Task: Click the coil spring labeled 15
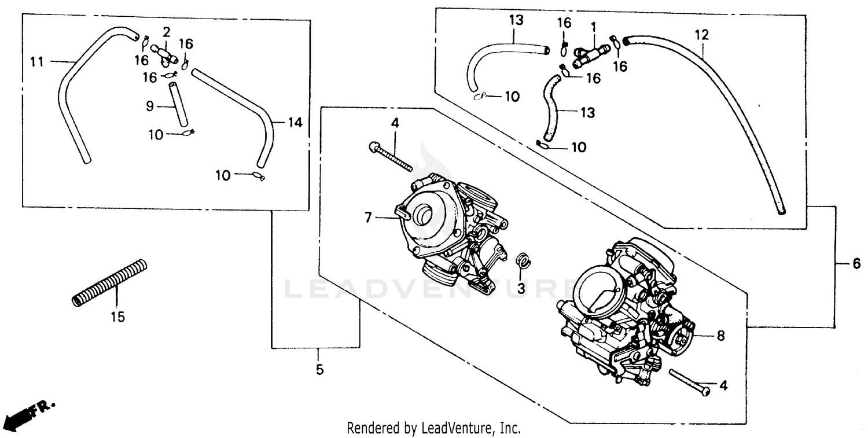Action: (109, 283)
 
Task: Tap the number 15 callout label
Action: (117, 317)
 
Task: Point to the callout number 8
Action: (720, 336)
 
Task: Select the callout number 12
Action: (701, 35)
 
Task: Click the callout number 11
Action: (37, 61)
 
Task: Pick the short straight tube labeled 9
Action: (179, 104)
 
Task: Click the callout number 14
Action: (295, 122)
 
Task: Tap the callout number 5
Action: (319, 369)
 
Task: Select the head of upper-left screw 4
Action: (373, 147)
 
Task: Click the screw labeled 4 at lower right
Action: (690, 382)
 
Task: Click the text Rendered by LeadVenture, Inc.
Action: (433, 428)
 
